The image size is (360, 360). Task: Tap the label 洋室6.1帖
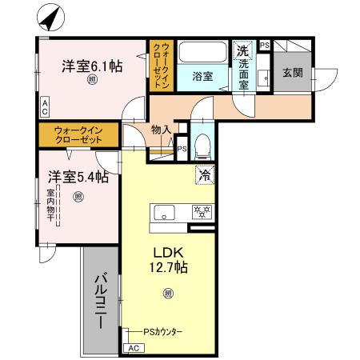[x=92, y=67]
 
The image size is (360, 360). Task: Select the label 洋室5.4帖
[x=77, y=177]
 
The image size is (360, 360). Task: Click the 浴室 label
[x=202, y=77]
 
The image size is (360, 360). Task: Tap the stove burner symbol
[x=201, y=212]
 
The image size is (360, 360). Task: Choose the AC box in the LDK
[x=133, y=348]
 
